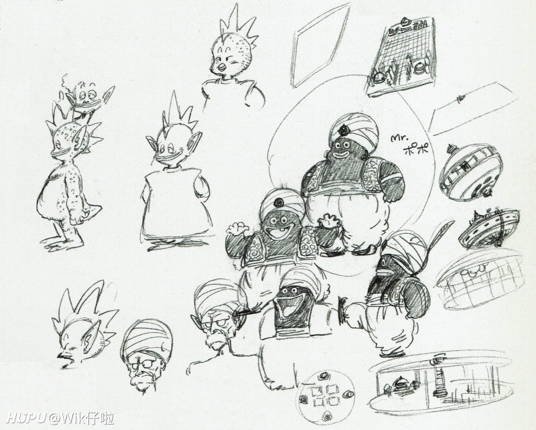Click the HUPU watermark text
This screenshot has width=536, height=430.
(27, 418)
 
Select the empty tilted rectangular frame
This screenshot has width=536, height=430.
(320, 45)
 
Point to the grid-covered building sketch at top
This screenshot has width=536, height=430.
(401, 56)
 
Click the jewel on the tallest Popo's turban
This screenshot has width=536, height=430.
(343, 130)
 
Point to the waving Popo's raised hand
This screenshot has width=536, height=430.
(237, 228)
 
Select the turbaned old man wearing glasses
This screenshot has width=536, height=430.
(147, 356)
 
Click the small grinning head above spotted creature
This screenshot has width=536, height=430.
(86, 96)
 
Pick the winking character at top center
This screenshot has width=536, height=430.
(232, 58)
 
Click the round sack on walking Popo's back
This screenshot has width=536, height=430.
(413, 297)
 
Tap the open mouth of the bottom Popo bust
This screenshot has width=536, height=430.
(291, 305)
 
